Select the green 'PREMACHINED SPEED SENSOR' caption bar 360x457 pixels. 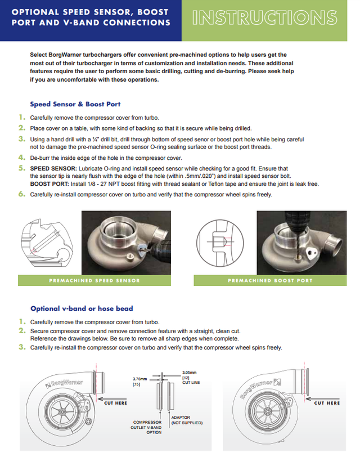pos(95,280)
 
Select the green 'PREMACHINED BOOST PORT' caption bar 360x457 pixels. pos(269,280)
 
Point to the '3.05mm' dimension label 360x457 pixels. pos(190,373)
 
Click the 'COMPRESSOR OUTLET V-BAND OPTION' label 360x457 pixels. pos(147,427)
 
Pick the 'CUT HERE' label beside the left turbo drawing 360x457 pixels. pos(116,403)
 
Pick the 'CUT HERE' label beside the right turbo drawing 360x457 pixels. pos(326,403)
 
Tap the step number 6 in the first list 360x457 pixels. pos(21,194)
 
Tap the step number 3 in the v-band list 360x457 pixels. pos(21,347)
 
